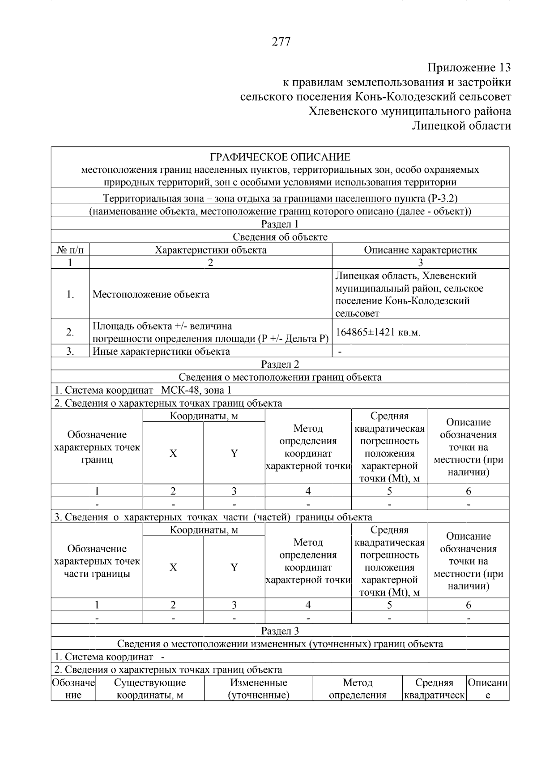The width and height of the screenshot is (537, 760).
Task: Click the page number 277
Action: click(281, 42)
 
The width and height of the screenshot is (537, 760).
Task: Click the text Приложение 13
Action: click(469, 68)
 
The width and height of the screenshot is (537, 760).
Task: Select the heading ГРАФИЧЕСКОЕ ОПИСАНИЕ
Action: click(280, 157)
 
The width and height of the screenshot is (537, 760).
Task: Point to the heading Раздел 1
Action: click(280, 224)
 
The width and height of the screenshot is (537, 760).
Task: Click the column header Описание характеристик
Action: click(420, 250)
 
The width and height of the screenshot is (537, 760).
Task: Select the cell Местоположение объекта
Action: click(151, 294)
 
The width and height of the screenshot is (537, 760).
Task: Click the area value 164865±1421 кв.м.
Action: click(378, 332)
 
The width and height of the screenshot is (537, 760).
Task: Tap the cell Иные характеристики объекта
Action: click(161, 352)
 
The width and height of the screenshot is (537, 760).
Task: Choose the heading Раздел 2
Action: click(280, 364)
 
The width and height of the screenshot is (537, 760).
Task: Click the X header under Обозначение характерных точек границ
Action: click(173, 453)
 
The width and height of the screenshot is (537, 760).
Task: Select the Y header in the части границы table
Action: click(234, 567)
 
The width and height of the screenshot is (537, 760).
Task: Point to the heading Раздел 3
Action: click(280, 631)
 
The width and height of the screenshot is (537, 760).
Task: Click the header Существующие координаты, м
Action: click(149, 689)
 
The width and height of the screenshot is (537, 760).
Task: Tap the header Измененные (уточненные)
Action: click(258, 689)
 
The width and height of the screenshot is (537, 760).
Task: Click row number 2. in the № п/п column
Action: click(70, 332)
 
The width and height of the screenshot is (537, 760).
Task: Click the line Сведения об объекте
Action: click(280, 237)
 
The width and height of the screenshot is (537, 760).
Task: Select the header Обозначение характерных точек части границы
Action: click(97, 561)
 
